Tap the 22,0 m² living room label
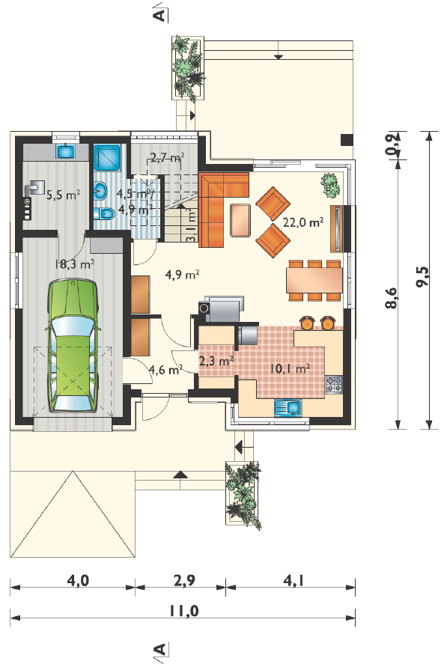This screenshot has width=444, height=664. point(303,222)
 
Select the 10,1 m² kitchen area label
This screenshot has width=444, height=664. point(289,368)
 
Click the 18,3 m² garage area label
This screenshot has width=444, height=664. point(75,264)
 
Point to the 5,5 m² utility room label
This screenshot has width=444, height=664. point(63,195)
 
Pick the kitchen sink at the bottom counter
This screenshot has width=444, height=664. point(288,408)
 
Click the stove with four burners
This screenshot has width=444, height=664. point(334,385)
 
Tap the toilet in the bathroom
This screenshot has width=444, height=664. point(104,213)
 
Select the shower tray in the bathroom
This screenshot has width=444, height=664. point(108,158)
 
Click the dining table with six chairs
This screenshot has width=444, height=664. point(314,280)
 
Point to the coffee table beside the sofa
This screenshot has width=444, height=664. point(240,220)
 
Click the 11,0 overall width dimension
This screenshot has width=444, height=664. point(183,611)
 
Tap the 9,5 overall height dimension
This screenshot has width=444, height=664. point(422,276)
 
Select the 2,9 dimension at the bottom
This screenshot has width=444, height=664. point(184,580)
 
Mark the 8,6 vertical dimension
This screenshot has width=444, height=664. point(392,298)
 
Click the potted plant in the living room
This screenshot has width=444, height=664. point(330,185)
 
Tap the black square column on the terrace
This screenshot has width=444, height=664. point(347,140)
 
